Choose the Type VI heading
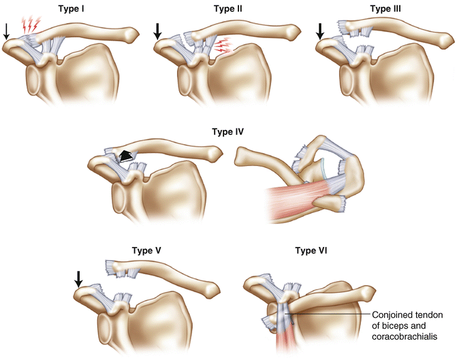click(x=311, y=250)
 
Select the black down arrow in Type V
click(x=78, y=278)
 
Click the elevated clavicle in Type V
click(x=163, y=272)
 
